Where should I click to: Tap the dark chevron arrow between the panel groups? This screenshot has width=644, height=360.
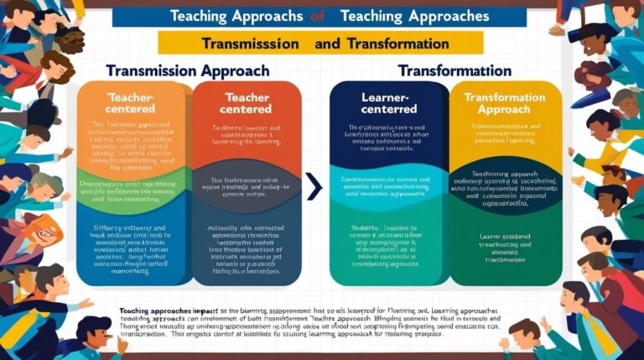(314, 186)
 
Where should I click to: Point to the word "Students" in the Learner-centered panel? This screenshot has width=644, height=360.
(365, 227)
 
